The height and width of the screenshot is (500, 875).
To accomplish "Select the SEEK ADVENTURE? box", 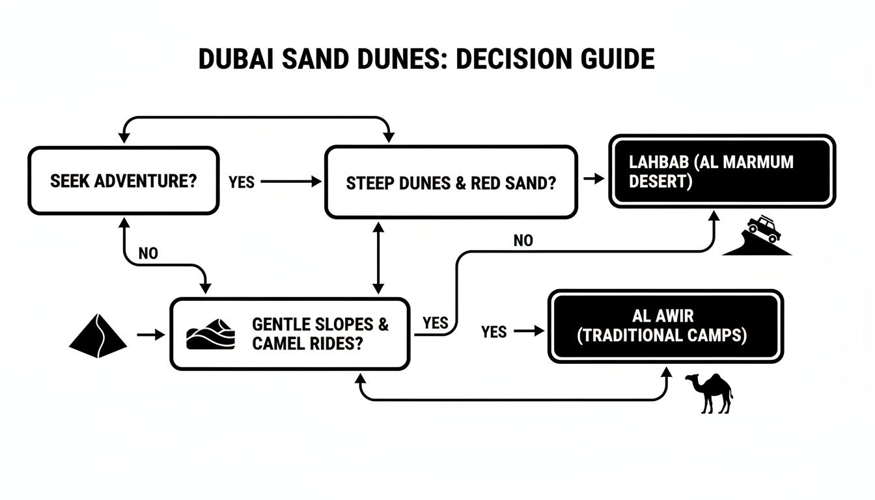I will click(x=123, y=180).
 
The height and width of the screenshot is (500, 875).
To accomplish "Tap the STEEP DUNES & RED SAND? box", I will click(x=451, y=182).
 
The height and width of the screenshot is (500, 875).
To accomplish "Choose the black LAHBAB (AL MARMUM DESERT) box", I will click(x=721, y=171).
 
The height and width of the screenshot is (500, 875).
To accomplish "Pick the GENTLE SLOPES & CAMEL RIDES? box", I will click(x=290, y=333).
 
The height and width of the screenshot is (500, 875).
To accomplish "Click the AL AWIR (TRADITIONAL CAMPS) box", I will click(x=665, y=326).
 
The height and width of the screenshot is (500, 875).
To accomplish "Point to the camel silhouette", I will click(x=710, y=393).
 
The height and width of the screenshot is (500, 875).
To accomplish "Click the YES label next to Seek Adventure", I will click(x=242, y=182).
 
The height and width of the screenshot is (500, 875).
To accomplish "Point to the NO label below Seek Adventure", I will click(x=148, y=253).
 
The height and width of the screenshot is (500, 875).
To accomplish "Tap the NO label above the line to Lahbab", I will click(x=523, y=241).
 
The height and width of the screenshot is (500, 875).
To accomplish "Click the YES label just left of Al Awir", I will click(x=494, y=332).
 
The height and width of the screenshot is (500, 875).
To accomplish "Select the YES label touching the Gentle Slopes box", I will click(x=435, y=323).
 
